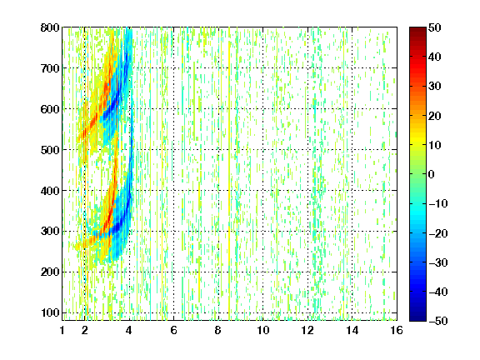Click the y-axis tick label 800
point(50,27)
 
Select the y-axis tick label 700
point(50,68)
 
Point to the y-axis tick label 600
point(50,109)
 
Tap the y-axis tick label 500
point(50,150)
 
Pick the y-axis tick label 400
point(50,191)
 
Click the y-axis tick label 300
point(50,231)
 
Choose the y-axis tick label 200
point(50,272)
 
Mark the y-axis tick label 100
point(50,312)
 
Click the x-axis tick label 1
point(62,330)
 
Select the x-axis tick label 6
point(173,330)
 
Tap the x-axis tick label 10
point(263,330)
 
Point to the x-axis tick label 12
point(307,330)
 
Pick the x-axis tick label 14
point(352,330)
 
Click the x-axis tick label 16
point(397,330)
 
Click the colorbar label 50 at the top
point(434,27)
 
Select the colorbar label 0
point(432,174)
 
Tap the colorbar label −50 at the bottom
point(438,321)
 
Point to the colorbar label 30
point(434,87)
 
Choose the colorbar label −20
point(438,233)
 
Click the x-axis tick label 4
point(129,330)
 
